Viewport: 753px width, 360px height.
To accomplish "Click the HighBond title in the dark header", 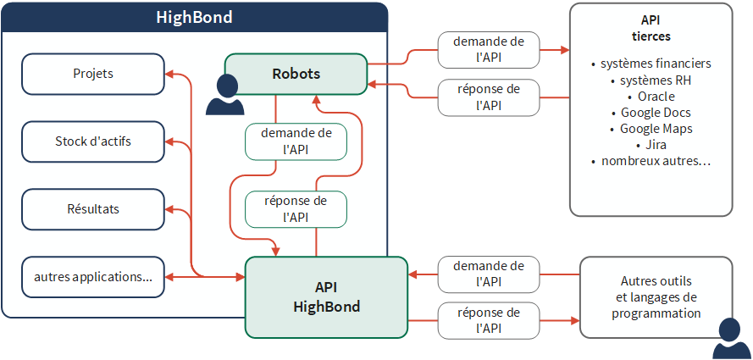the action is [x=194, y=17].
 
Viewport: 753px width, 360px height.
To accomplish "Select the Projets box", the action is [x=93, y=74].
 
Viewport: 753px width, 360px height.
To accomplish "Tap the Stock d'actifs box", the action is [x=93, y=141].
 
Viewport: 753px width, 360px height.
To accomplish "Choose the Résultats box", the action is [x=93, y=209].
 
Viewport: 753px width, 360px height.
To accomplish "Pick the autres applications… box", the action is [x=93, y=277].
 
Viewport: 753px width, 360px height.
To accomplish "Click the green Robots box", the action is [x=296, y=74].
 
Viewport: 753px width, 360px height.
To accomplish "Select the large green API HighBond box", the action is [x=327, y=297].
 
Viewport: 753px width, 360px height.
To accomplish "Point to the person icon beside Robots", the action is [x=224, y=95].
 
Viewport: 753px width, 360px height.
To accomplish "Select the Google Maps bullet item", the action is [x=651, y=129].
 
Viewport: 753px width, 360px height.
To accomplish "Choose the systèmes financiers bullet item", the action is [x=651, y=64].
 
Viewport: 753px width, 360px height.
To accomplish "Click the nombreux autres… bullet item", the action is [x=651, y=161].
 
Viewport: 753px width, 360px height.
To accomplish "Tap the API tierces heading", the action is [x=651, y=28].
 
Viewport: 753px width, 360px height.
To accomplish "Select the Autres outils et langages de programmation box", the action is [x=656, y=297].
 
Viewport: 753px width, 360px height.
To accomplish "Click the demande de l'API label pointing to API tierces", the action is [x=489, y=50].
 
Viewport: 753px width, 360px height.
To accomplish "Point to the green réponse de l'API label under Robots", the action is [x=296, y=208].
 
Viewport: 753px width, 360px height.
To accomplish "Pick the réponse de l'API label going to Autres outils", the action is [x=489, y=320].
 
